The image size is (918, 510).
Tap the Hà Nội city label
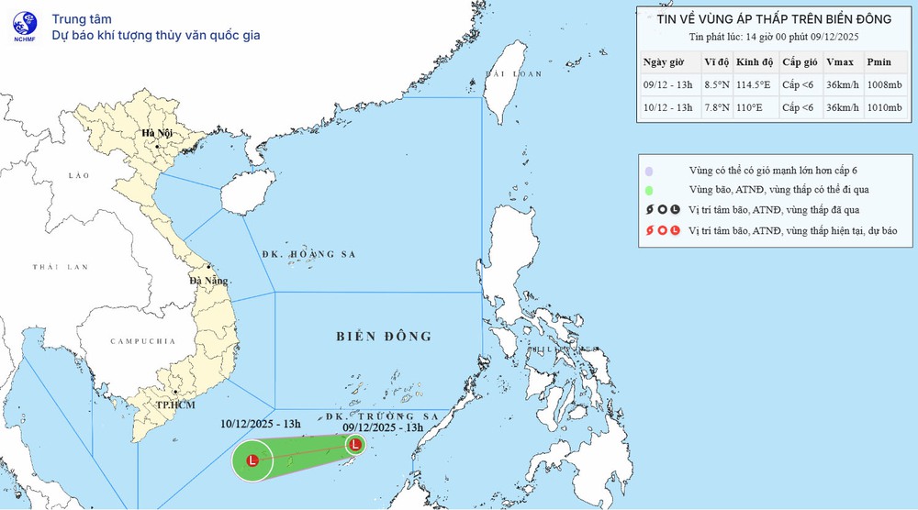coord(157,134)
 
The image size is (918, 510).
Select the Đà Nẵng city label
coord(208,282)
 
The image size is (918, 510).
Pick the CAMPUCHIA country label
coord(141,341)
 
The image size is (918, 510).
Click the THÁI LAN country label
coord(60,267)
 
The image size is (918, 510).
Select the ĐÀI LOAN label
coord(509,72)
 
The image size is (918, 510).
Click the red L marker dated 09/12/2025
coord(354,445)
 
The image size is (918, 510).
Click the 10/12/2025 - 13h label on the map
coord(261,425)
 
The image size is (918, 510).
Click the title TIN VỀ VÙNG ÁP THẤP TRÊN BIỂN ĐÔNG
coord(775,17)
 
